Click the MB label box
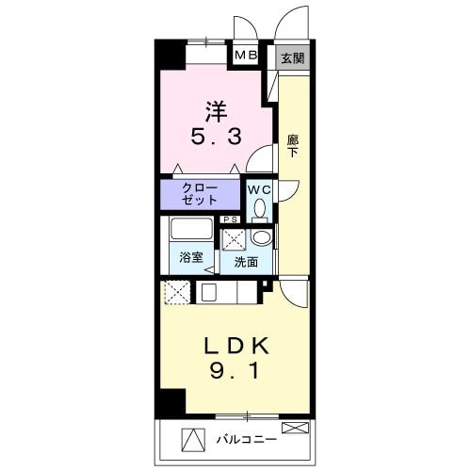(x=246, y=56)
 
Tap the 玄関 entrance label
(x=292, y=58)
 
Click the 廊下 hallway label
(x=293, y=145)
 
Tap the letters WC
(x=259, y=188)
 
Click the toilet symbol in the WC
(x=259, y=208)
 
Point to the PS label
(x=231, y=220)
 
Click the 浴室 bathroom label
(x=190, y=257)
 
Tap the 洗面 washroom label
(x=246, y=263)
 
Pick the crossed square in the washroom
(x=234, y=240)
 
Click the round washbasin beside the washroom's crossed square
(x=262, y=238)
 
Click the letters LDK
(x=238, y=345)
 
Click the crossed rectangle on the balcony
(x=294, y=429)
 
